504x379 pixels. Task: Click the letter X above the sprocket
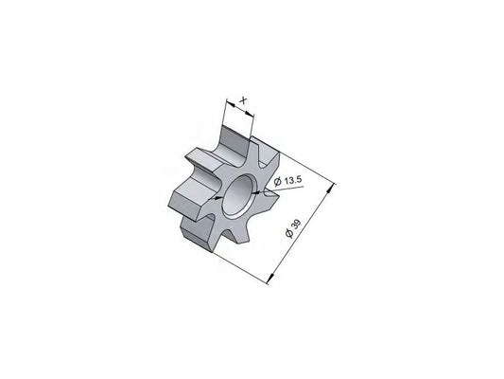(244, 100)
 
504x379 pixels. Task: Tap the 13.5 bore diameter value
(292, 180)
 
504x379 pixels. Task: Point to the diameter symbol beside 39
(289, 233)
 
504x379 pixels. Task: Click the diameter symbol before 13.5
(278, 182)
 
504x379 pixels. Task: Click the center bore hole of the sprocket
(238, 196)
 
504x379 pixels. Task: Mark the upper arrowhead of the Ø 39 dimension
(330, 189)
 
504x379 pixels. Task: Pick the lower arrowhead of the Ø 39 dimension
(272, 278)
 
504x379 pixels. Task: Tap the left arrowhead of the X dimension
(231, 103)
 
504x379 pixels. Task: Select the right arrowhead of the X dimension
(249, 114)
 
